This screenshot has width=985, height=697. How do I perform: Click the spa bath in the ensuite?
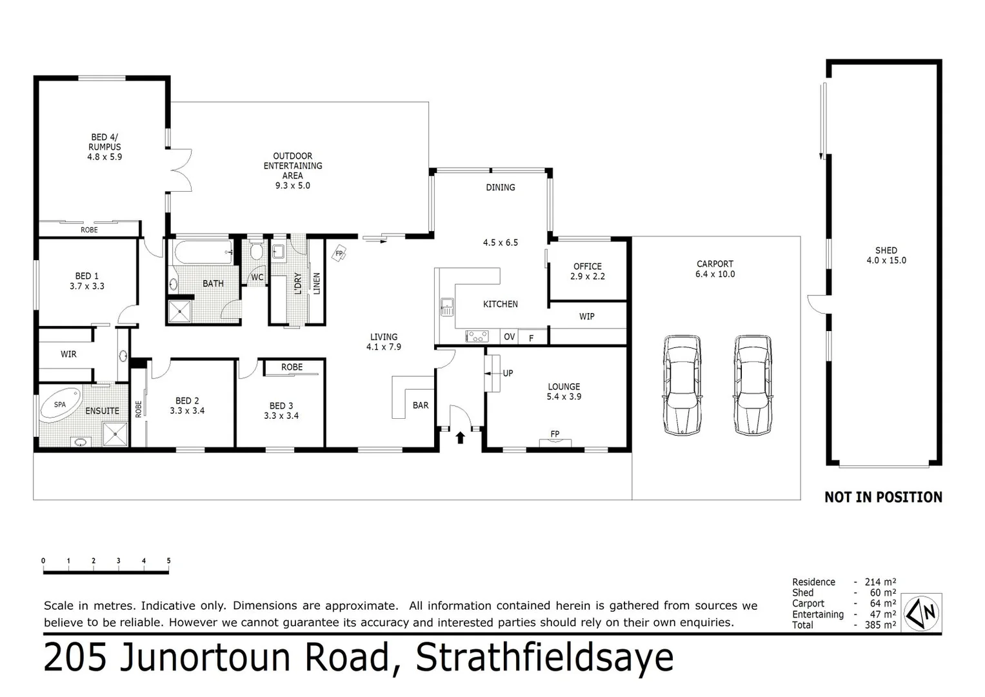click(x=60, y=405)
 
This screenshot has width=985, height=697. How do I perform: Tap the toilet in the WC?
click(x=256, y=252)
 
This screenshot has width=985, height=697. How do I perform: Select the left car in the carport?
click(x=682, y=384)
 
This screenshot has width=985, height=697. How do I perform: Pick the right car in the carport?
click(x=753, y=384)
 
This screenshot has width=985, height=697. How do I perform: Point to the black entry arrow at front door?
click(x=460, y=438)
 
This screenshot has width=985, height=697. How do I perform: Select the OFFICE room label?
click(x=587, y=266)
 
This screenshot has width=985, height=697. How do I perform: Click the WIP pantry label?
click(x=586, y=316)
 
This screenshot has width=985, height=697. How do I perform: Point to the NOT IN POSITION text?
click(x=883, y=497)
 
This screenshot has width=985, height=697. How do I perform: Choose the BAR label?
click(x=421, y=405)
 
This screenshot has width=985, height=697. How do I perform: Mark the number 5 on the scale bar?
click(x=168, y=561)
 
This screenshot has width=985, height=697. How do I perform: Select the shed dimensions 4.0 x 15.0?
click(x=886, y=261)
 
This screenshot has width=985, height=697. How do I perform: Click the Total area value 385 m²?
click(x=880, y=625)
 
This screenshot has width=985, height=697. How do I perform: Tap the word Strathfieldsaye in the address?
click(x=544, y=658)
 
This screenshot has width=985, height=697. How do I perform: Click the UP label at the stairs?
click(x=508, y=373)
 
